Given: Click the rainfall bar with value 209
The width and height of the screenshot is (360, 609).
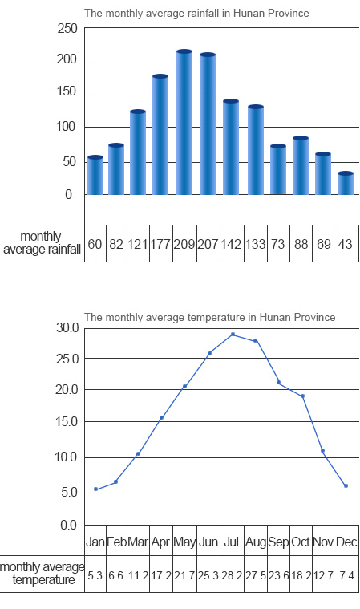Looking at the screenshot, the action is (184, 122).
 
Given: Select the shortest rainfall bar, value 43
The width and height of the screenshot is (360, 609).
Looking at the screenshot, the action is (346, 183).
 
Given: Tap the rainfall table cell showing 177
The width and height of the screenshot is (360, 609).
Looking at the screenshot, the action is (161, 244).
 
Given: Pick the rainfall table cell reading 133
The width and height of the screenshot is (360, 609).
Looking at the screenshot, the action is (255, 244).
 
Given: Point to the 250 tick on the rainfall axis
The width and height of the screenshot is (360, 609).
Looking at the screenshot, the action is (67, 28).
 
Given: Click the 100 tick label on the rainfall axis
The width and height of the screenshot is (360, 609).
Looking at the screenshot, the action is (67, 127).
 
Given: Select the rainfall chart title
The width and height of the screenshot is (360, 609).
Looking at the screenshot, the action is (196, 13).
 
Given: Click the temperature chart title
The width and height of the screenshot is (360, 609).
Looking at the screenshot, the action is (210, 317).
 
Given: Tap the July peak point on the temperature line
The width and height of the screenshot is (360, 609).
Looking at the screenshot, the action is (233, 334).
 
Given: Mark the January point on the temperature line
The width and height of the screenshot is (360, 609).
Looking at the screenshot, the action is (96, 489).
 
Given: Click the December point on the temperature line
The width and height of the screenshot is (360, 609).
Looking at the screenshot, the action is (346, 485).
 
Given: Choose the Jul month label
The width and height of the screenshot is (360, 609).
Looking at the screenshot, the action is (231, 542).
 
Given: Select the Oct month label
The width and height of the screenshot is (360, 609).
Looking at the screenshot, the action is (301, 542).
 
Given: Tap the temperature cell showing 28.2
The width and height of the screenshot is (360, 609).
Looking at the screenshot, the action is (232, 574).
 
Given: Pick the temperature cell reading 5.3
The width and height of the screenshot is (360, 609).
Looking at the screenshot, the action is (95, 574).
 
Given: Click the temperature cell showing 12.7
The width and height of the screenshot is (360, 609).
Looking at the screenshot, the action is (323, 574).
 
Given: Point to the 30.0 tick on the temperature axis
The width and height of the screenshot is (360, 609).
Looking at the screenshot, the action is (67, 328).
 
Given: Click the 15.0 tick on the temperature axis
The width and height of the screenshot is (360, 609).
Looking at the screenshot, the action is (67, 421).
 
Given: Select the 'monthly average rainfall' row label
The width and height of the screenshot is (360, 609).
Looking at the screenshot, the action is (42, 243).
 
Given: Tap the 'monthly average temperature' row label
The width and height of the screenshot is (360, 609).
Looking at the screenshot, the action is (42, 574).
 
